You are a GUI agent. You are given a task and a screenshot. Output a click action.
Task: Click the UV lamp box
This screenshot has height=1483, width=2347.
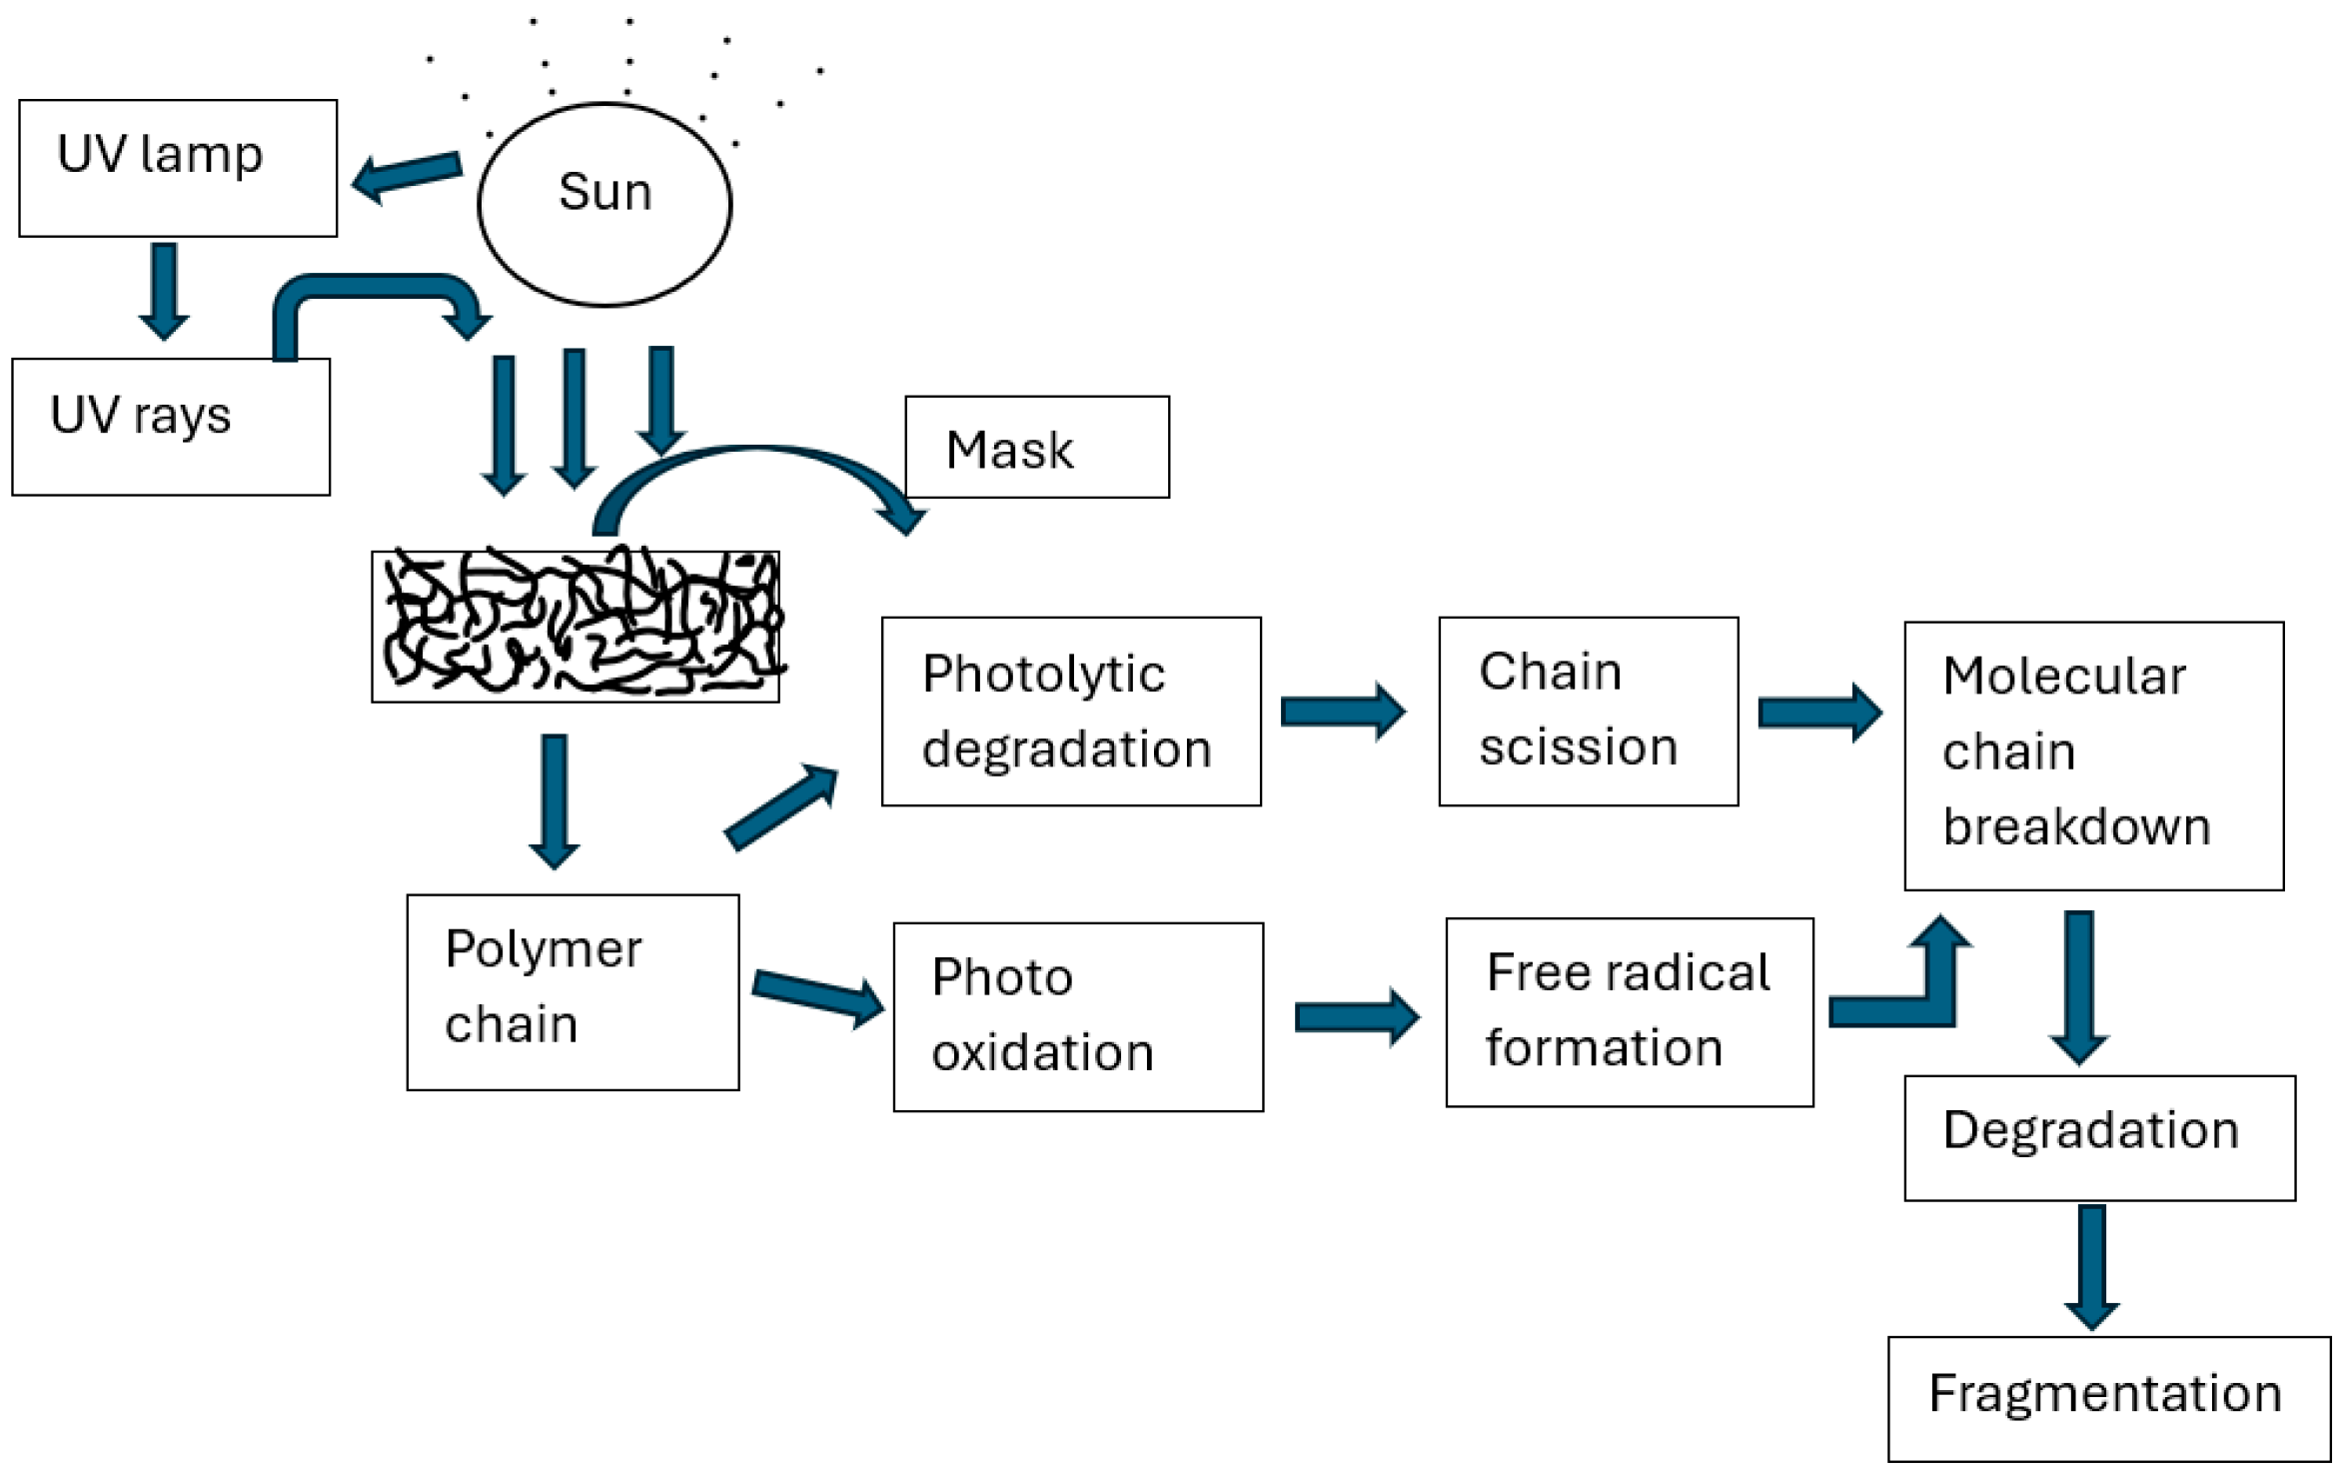pyautogui.click(x=178, y=168)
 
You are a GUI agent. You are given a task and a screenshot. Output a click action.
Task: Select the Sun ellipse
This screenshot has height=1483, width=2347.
pyautogui.click(x=604, y=204)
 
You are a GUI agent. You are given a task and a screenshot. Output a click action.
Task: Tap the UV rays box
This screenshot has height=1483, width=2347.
pyautogui.click(x=171, y=427)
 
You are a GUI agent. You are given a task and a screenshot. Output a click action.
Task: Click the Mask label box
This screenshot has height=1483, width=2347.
pyautogui.click(x=1037, y=447)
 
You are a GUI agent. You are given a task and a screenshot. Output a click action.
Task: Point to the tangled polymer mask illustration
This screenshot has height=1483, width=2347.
pyautogui.click(x=576, y=627)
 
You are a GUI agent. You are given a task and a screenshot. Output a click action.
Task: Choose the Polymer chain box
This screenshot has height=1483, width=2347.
pyautogui.click(x=573, y=991)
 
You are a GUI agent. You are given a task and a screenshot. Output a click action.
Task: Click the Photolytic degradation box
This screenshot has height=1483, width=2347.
pyautogui.click(x=1071, y=712)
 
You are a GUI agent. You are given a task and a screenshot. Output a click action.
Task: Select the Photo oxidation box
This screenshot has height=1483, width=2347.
pyautogui.click(x=1078, y=1016)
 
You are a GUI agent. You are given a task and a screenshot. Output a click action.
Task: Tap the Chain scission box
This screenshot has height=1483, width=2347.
pyautogui.click(x=1589, y=712)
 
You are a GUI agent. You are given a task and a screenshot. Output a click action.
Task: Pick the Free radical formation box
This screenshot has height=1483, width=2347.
pyautogui.click(x=1630, y=1012)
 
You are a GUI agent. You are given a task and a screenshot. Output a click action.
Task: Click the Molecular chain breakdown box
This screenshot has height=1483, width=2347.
pyautogui.click(x=2094, y=755)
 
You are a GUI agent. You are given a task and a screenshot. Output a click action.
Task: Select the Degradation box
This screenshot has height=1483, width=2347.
pyautogui.click(x=2099, y=1137)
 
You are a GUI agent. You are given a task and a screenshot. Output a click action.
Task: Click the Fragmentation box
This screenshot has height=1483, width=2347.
pyautogui.click(x=2108, y=1398)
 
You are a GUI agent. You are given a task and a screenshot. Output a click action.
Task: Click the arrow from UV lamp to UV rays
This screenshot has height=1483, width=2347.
pyautogui.click(x=164, y=291)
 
